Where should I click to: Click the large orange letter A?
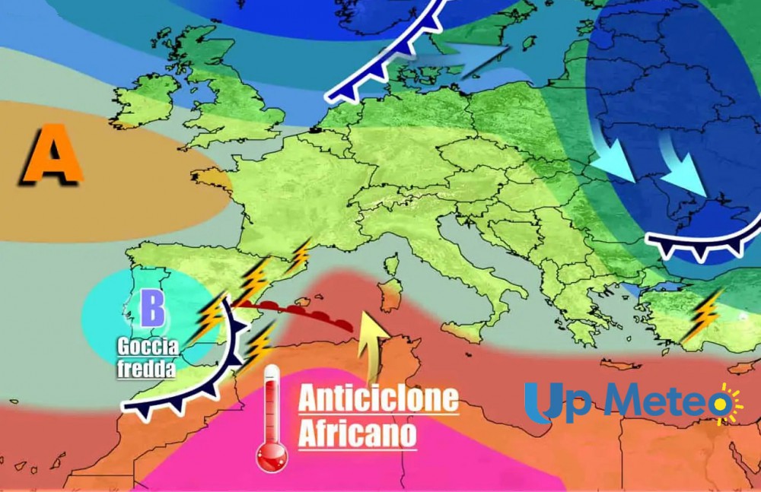coord(52,157)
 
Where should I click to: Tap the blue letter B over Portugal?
coord(152,309)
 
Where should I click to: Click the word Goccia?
coord(148,348)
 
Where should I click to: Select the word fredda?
coord(147,370)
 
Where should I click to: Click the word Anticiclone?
coord(378,399)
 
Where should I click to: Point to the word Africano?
coord(358,434)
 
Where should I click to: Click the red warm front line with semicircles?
coord(297,312)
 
